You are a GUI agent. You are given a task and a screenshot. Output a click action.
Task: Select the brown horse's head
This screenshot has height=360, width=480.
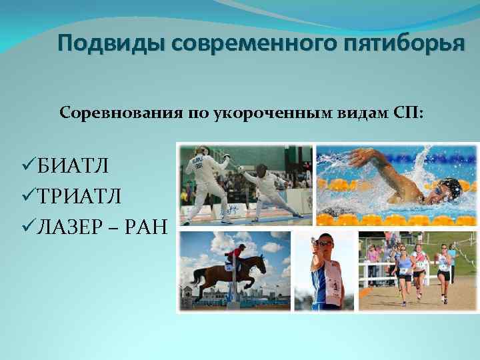coord(259,264)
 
